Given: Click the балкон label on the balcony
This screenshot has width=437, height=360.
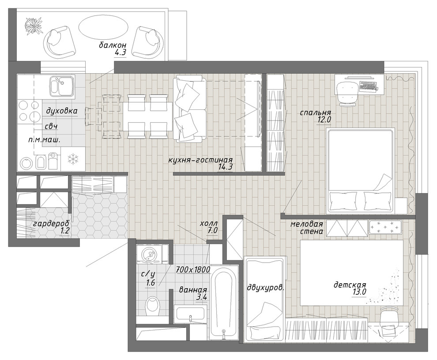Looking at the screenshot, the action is pyautogui.click(x=113, y=45).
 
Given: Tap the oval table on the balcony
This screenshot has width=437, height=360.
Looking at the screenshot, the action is pyautogui.click(x=103, y=27).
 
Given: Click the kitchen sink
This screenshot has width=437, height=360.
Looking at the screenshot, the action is pyautogui.click(x=62, y=86).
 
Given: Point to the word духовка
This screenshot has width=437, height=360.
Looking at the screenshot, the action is pyautogui.click(x=62, y=111).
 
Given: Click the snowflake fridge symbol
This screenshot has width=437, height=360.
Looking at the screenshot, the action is pyautogui.click(x=73, y=159).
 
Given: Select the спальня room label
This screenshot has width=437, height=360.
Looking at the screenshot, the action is pyautogui.click(x=315, y=113).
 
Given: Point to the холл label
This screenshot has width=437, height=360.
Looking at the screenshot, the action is pyautogui.click(x=208, y=224).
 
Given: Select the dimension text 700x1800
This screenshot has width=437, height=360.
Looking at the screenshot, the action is pyautogui.click(x=193, y=270).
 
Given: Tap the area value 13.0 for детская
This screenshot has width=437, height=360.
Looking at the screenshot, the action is pyautogui.click(x=359, y=292).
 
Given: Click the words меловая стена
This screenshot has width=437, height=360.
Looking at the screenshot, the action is pyautogui.click(x=307, y=228).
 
